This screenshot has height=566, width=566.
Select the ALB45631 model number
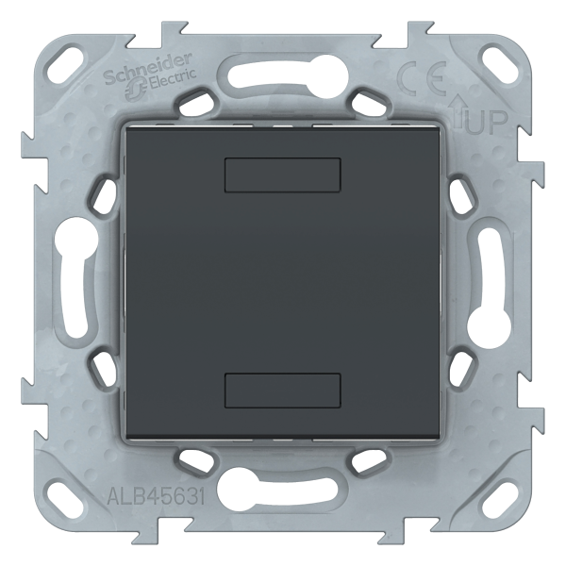coord(157,496)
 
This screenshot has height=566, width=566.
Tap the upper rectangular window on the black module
coord(283,175)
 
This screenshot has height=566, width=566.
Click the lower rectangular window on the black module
coord(283,391)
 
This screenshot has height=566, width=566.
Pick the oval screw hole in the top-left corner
coord(67,58)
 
